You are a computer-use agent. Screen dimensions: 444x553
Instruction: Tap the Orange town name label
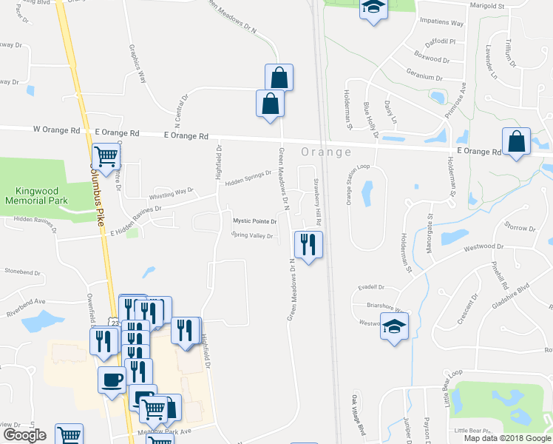325,152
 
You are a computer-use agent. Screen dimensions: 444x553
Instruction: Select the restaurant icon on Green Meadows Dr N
308,243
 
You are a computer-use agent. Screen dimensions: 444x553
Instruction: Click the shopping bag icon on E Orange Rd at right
516,141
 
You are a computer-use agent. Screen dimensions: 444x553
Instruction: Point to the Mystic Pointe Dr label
255,221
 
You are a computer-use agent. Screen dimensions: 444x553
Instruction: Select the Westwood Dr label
484,248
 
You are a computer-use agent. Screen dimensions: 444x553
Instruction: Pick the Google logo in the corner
24,435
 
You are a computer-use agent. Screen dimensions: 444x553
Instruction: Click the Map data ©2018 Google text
508,438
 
